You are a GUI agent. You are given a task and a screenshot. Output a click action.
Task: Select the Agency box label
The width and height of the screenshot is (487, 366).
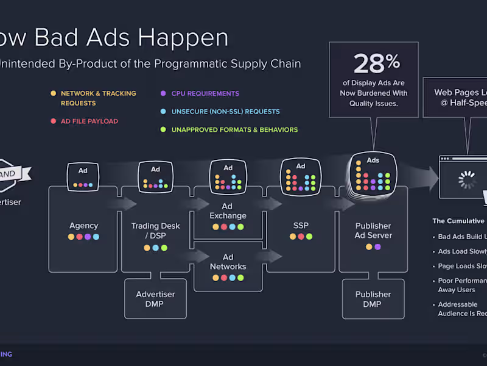click(x=84, y=226)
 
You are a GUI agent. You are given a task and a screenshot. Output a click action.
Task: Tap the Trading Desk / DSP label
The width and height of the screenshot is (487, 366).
click(x=156, y=231)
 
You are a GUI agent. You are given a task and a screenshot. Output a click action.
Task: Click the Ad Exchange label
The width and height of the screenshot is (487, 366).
click(x=228, y=210)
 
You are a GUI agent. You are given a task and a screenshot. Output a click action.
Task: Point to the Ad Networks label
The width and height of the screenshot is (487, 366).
click(x=228, y=262)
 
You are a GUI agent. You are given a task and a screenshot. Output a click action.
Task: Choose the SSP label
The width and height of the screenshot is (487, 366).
click(x=301, y=226)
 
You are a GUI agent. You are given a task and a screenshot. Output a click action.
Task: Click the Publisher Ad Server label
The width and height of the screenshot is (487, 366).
click(x=373, y=231)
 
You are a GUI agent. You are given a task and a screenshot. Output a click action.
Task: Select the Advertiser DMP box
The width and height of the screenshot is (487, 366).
click(x=155, y=299)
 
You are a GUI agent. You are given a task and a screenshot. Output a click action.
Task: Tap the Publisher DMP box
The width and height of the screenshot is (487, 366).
click(x=373, y=299)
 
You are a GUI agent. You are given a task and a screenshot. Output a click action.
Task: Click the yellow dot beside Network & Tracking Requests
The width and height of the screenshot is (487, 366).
click(x=53, y=93)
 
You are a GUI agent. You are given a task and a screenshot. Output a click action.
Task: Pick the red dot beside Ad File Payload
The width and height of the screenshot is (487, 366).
click(x=53, y=121)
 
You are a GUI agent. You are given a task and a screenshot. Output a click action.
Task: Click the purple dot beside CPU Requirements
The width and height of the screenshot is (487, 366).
click(x=163, y=93)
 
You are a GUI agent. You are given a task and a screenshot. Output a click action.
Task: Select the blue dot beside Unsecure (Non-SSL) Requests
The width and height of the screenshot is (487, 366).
click(x=163, y=112)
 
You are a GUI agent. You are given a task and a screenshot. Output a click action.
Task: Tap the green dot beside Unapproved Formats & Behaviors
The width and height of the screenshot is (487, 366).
click(x=163, y=129)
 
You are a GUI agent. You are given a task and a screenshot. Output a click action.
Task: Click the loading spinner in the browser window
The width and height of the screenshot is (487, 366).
click(x=467, y=180)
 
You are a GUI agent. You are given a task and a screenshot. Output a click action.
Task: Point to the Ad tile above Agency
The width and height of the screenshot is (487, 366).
click(x=83, y=176)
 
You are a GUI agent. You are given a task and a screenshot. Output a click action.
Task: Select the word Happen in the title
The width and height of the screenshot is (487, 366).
click(x=183, y=38)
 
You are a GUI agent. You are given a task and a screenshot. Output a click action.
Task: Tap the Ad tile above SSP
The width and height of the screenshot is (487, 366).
click(x=301, y=175)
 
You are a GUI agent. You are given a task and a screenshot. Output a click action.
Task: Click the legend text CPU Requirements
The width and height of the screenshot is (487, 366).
click(x=205, y=93)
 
